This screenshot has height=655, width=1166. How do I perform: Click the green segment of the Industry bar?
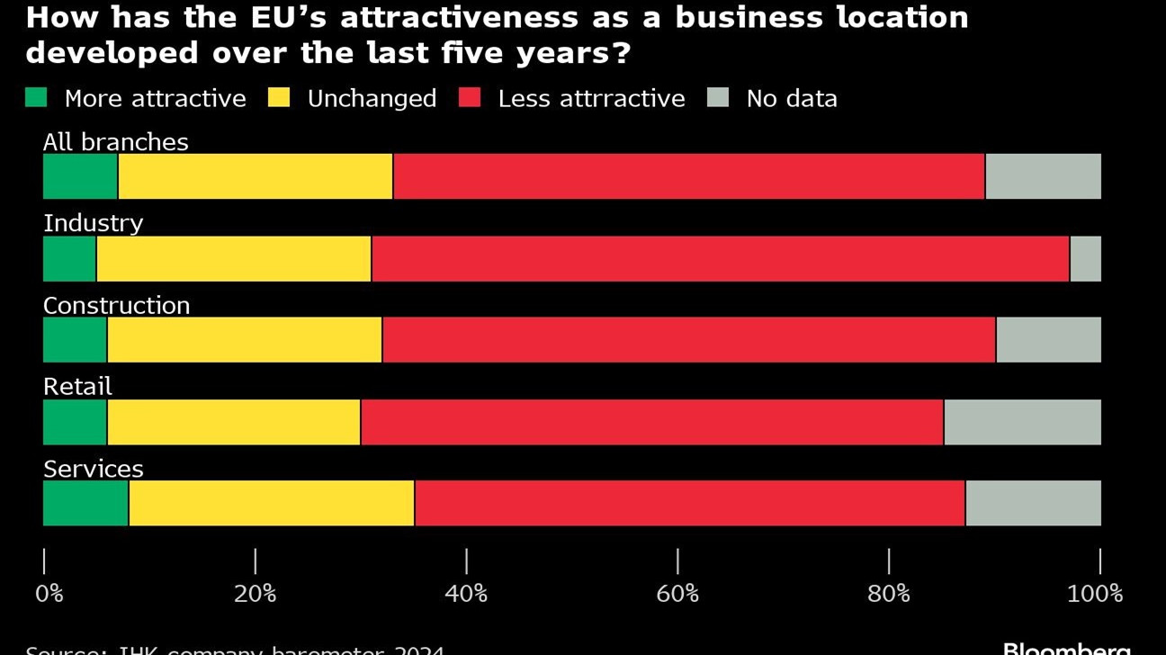[70, 259]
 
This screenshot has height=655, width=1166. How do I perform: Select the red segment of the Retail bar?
[652, 422]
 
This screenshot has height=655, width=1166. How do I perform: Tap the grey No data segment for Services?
[1033, 503]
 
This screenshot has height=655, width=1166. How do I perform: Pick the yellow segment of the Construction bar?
[245, 340]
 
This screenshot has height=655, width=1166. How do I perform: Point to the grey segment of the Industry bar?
[1085, 259]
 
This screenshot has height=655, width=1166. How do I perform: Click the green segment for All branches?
[80, 176]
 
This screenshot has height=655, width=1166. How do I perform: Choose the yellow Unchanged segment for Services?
[272, 503]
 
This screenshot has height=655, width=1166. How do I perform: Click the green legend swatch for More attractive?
[36, 97]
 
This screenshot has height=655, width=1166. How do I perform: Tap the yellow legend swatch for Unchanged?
[279, 97]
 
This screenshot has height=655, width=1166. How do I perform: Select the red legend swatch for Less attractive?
[470, 97]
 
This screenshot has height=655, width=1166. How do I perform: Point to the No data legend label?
[792, 98]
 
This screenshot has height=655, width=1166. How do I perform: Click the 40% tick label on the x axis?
[466, 594]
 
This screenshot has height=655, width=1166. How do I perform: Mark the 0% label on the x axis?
[49, 594]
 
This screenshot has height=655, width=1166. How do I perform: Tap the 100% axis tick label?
[1095, 594]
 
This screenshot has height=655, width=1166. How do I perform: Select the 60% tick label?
[677, 594]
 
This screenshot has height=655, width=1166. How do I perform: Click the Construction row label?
[117, 306]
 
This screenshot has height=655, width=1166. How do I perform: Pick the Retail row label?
[78, 387]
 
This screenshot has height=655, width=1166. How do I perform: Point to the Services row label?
[94, 469]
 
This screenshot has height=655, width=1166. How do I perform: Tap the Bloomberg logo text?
[1066, 648]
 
